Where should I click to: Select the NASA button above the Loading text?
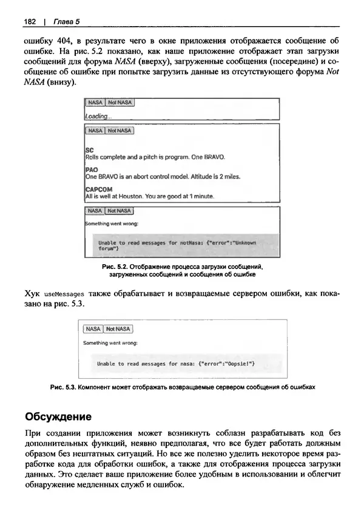[95, 103]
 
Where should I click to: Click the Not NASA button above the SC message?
[120, 131]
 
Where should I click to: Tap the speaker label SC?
[89, 149]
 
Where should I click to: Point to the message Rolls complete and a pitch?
[155, 157]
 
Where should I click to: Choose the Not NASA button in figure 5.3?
[118, 329]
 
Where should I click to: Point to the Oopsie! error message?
[176, 364]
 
